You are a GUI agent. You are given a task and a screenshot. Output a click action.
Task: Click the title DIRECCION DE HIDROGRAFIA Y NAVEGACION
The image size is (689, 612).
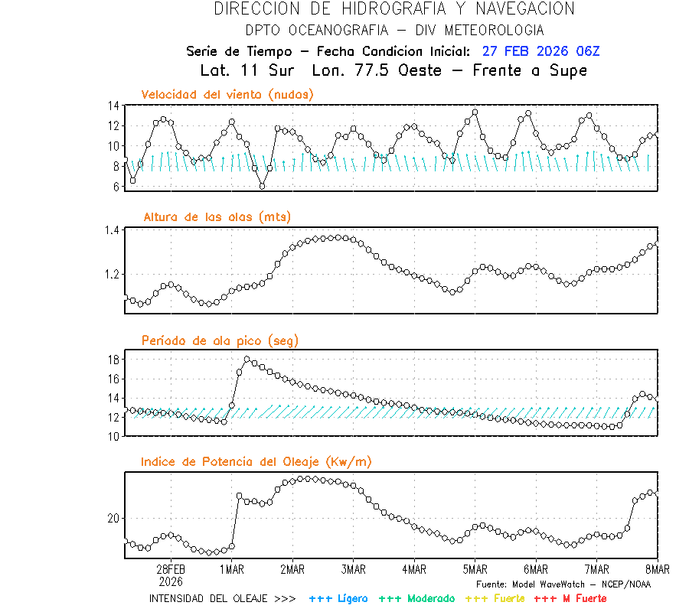pos(394,9)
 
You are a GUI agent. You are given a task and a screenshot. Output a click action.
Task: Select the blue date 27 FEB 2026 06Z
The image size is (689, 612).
pos(541,51)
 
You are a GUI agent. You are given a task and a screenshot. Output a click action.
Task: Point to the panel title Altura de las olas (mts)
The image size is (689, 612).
pos(217,217)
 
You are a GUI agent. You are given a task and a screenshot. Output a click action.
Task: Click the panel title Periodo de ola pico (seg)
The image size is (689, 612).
pos(220,340)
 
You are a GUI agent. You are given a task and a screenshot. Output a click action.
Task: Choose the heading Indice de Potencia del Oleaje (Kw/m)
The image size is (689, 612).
pos(256,461)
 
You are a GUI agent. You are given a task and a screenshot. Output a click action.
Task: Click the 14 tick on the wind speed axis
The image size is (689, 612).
pos(113,106)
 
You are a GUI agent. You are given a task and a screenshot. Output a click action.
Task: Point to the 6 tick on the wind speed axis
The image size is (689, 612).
pos(116,186)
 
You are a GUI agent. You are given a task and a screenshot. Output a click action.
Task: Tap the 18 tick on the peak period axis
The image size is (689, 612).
pos(113,360)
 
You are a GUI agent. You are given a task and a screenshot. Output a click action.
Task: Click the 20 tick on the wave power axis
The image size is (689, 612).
pos(113,519)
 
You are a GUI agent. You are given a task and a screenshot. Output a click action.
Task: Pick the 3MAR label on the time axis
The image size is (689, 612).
pos(353,569)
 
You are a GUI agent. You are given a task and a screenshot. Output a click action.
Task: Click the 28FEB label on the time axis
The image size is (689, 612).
pos(170,569)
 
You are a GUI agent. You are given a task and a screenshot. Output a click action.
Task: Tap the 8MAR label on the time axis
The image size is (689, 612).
pos(657,569)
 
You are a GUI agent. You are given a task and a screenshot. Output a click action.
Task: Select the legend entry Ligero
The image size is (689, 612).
pos(338,598)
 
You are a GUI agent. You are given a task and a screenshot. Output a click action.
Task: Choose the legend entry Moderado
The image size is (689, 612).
pos(416,598)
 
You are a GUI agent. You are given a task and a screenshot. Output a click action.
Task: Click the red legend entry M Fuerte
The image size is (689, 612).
pos(570,598)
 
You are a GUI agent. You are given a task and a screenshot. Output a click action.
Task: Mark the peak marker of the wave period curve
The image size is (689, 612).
pos(247,360)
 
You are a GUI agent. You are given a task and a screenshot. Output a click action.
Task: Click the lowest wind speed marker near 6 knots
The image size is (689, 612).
pos(262,186)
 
